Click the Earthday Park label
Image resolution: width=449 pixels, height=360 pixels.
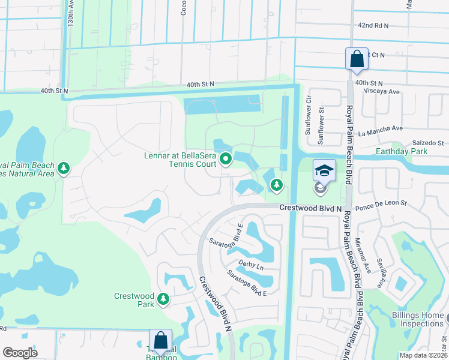point(402,151)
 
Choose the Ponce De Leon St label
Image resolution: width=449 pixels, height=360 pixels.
point(382,208)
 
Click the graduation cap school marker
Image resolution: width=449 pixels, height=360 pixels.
point(324,171)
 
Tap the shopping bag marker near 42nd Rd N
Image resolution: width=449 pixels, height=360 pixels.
point(357,59)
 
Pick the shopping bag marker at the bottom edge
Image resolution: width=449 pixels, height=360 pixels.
point(161,340)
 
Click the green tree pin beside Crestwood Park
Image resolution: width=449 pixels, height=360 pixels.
point(163,298)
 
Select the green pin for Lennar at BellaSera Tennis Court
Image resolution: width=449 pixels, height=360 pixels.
point(226,159)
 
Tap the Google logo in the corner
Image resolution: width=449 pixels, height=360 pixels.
point(20,352)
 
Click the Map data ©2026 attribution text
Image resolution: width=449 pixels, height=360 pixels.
point(423,355)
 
